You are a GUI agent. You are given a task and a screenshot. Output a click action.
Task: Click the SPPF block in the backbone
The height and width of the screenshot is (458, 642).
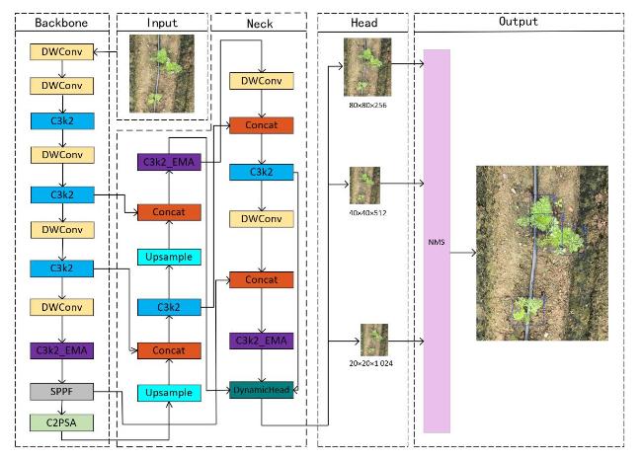(62, 393)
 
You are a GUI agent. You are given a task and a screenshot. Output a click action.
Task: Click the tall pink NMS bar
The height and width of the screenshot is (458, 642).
(437, 240)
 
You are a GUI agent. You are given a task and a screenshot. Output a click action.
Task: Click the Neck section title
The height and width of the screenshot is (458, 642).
(261, 21)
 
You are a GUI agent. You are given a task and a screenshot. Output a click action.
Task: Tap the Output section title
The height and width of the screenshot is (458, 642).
(519, 21)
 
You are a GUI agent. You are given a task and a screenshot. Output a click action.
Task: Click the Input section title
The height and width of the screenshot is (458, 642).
(162, 21)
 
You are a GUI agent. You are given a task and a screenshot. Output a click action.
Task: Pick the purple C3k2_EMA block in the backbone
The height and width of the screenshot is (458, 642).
(62, 350)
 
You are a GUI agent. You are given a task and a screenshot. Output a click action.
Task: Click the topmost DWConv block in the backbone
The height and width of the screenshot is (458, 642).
(62, 51)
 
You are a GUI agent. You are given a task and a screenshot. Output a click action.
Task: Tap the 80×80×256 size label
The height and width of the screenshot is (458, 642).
(366, 103)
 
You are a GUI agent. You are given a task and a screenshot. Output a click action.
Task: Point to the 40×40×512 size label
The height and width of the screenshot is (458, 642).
(365, 211)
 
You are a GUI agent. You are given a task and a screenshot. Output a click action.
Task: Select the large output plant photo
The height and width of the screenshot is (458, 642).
(541, 253)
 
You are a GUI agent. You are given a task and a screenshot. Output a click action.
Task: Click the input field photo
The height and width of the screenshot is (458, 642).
(162, 74)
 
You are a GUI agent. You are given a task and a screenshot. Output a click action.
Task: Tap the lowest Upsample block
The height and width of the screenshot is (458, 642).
(169, 392)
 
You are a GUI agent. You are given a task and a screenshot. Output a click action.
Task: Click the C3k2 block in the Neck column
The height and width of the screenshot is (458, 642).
(261, 173)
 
